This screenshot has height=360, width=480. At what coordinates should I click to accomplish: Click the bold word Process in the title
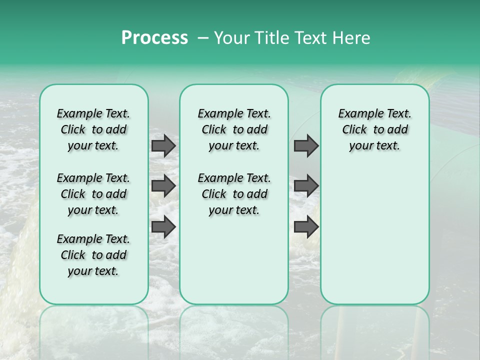(154, 38)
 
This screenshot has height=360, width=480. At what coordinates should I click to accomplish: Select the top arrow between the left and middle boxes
(163, 146)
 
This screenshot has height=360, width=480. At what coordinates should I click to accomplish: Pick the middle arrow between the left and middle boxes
(163, 186)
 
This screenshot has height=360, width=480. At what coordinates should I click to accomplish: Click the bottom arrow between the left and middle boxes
(163, 227)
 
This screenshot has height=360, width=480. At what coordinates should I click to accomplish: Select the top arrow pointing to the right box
(306, 146)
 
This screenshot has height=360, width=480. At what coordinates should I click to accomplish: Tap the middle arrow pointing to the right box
(306, 186)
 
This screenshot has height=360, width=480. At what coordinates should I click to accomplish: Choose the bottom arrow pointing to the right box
(306, 227)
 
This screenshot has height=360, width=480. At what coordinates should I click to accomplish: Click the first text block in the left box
(93, 129)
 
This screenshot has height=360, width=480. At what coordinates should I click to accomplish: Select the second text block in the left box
(93, 194)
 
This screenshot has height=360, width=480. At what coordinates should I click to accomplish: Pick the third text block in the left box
(93, 255)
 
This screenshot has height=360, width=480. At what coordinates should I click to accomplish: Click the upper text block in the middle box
(234, 129)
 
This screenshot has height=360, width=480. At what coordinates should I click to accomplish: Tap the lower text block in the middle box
(234, 194)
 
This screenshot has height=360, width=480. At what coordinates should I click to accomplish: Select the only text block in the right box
(374, 129)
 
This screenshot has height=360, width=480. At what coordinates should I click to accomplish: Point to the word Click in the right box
(354, 130)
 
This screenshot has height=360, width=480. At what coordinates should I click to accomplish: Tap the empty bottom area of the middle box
(234, 265)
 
